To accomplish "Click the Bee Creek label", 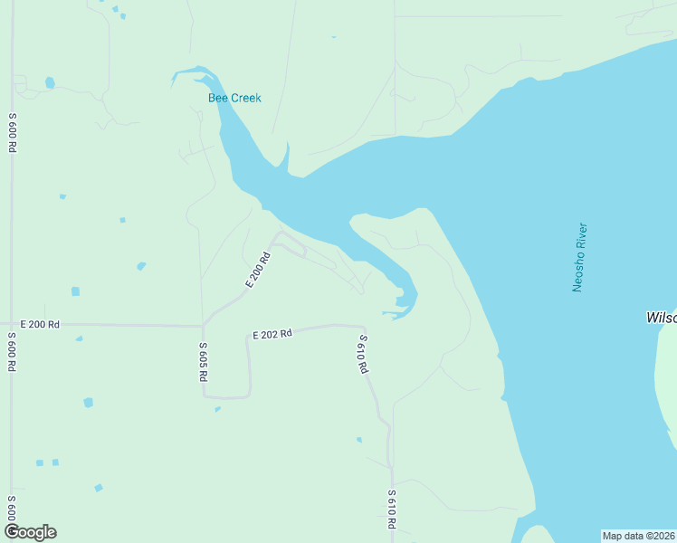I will point(234,98).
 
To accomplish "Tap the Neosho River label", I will point(579,257).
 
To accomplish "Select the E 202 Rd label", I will point(272,334).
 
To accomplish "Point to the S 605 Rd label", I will point(204,362).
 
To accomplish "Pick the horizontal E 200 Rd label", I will point(40,324).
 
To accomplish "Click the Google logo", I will point(30,532).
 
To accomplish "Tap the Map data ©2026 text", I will point(637,536).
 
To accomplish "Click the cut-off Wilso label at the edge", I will point(661,318).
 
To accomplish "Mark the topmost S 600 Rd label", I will point(13,132).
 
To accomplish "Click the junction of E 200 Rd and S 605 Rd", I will point(203,325).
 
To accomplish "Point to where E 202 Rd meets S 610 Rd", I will point(365,327).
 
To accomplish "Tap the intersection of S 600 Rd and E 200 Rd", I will point(11,324).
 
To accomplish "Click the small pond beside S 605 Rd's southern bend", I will point(217,409).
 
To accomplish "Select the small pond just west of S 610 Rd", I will point(359,440).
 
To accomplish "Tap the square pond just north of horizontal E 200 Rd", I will point(75,291).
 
